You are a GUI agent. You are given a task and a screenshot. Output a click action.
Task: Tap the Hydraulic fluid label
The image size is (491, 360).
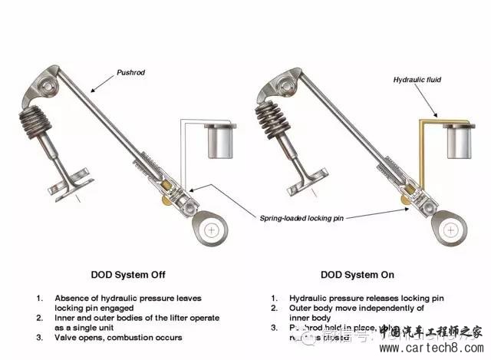[x=416, y=79]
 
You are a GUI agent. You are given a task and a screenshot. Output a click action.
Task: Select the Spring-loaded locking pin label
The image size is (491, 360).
[x=302, y=218]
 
